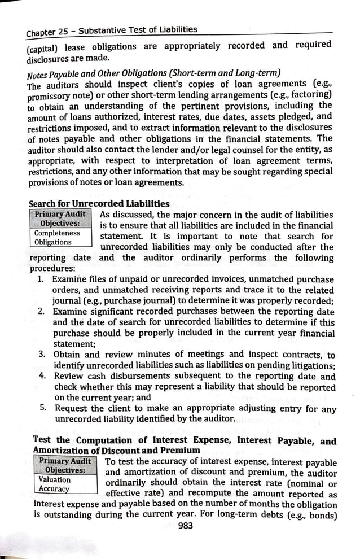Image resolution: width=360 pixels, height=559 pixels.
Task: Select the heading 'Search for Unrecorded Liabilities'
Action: pyautogui.click(x=99, y=203)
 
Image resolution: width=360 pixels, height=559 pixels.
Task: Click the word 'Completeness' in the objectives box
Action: pyautogui.click(x=57, y=233)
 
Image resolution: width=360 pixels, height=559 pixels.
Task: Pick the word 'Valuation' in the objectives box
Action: pyautogui.click(x=54, y=479)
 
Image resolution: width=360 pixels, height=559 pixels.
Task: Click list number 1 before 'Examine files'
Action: pyautogui.click(x=41, y=279)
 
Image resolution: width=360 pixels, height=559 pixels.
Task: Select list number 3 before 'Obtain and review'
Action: pyautogui.click(x=42, y=355)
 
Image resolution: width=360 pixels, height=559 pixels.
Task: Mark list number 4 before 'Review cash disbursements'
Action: pyautogui.click(x=42, y=376)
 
